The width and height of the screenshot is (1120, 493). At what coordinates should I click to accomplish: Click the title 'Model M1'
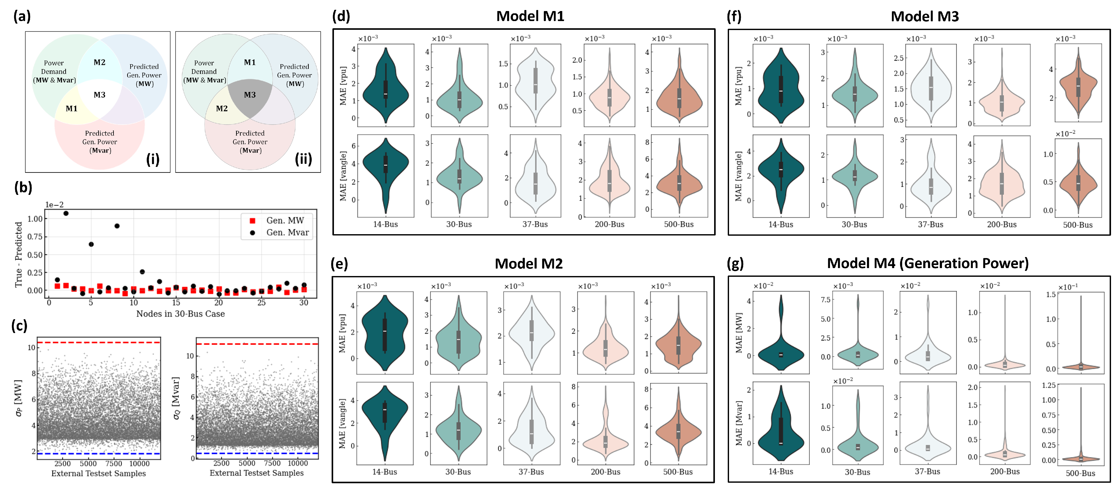[x=530, y=16]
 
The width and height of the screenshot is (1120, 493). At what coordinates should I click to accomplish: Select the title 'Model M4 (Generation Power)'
[x=927, y=263]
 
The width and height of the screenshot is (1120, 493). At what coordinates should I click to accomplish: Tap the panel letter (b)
[x=23, y=187]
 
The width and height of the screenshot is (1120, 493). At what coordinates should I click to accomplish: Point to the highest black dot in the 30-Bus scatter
[x=66, y=213]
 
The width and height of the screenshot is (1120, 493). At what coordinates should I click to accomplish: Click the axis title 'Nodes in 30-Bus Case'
[x=180, y=314]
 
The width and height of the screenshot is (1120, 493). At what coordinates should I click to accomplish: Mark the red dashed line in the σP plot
[x=99, y=343]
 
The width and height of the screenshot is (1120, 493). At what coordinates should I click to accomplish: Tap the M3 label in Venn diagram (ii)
[x=250, y=95]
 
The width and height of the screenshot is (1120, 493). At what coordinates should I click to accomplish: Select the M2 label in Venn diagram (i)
[x=100, y=62]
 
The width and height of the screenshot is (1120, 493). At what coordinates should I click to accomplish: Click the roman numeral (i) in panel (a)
[x=153, y=159]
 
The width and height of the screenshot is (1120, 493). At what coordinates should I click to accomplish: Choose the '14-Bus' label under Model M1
[x=385, y=224]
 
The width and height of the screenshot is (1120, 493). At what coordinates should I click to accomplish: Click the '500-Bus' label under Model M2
[x=677, y=472]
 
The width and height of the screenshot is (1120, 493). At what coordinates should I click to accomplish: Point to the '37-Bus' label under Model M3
[x=930, y=225]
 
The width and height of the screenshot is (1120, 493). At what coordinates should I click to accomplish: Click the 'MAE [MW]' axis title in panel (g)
[x=739, y=333]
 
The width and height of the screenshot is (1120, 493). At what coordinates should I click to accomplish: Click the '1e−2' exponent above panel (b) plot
[x=54, y=205]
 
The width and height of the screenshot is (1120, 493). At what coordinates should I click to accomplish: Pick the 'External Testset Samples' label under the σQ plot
[x=257, y=473]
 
